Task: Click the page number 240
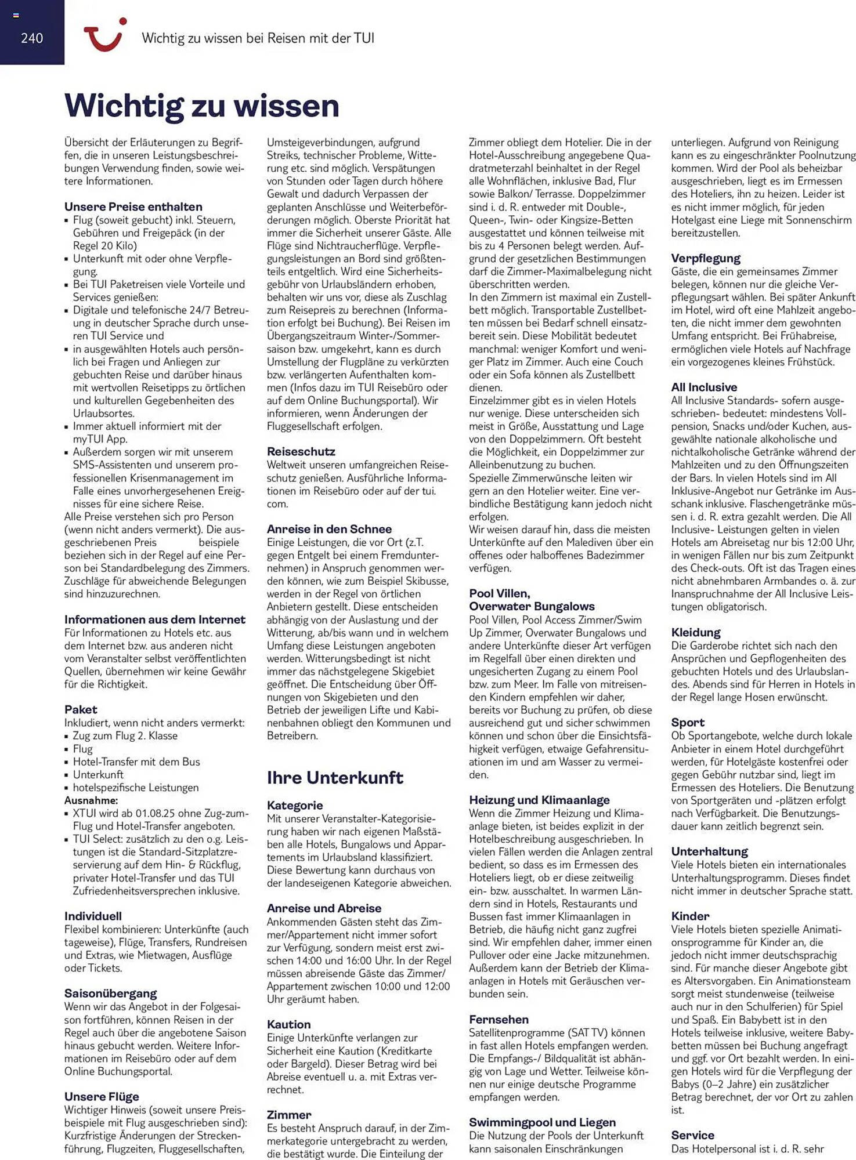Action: pyautogui.click(x=32, y=38)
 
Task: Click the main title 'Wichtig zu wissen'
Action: pyautogui.click(x=201, y=106)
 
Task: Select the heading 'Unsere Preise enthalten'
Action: pyautogui.click(x=133, y=206)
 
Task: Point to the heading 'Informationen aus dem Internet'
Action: pyautogui.click(x=154, y=619)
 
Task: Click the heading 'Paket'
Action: pyautogui.click(x=81, y=709)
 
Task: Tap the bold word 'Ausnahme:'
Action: pyautogui.click(x=91, y=800)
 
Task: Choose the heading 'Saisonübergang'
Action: pyautogui.click(x=110, y=994)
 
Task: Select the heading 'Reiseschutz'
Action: pyautogui.click(x=301, y=451)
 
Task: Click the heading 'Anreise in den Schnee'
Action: pyautogui.click(x=329, y=529)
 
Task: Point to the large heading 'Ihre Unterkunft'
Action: pyautogui.click(x=335, y=777)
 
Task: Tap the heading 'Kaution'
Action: pyautogui.click(x=288, y=1024)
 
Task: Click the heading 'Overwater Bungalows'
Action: pyautogui.click(x=532, y=606)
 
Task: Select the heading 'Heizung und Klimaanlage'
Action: pyautogui.click(x=539, y=800)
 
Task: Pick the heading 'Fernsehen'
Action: pyautogui.click(x=499, y=1019)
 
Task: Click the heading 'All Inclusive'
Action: pyautogui.click(x=704, y=387)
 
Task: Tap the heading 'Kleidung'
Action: pyautogui.click(x=695, y=632)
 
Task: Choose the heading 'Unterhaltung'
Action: pyautogui.click(x=709, y=851)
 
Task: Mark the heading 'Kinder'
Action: pyautogui.click(x=690, y=916)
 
